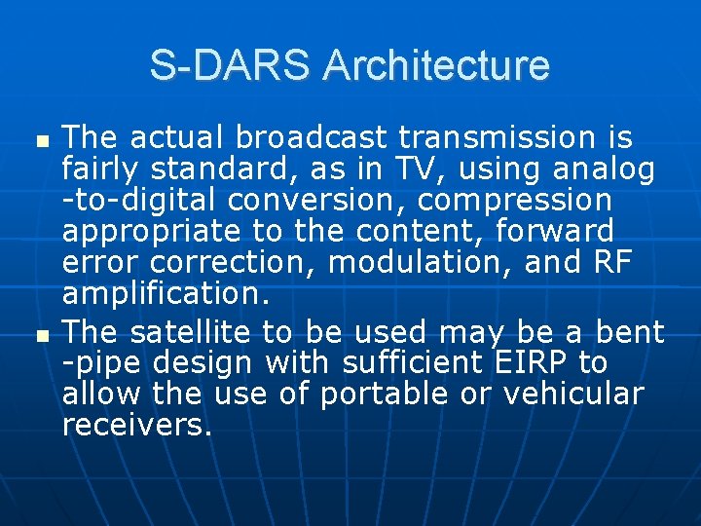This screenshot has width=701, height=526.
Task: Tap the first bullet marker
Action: point(40,141)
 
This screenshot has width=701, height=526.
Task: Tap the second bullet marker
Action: point(40,335)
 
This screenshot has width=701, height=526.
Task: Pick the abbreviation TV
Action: point(419,169)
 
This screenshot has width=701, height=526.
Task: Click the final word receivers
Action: point(136,426)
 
